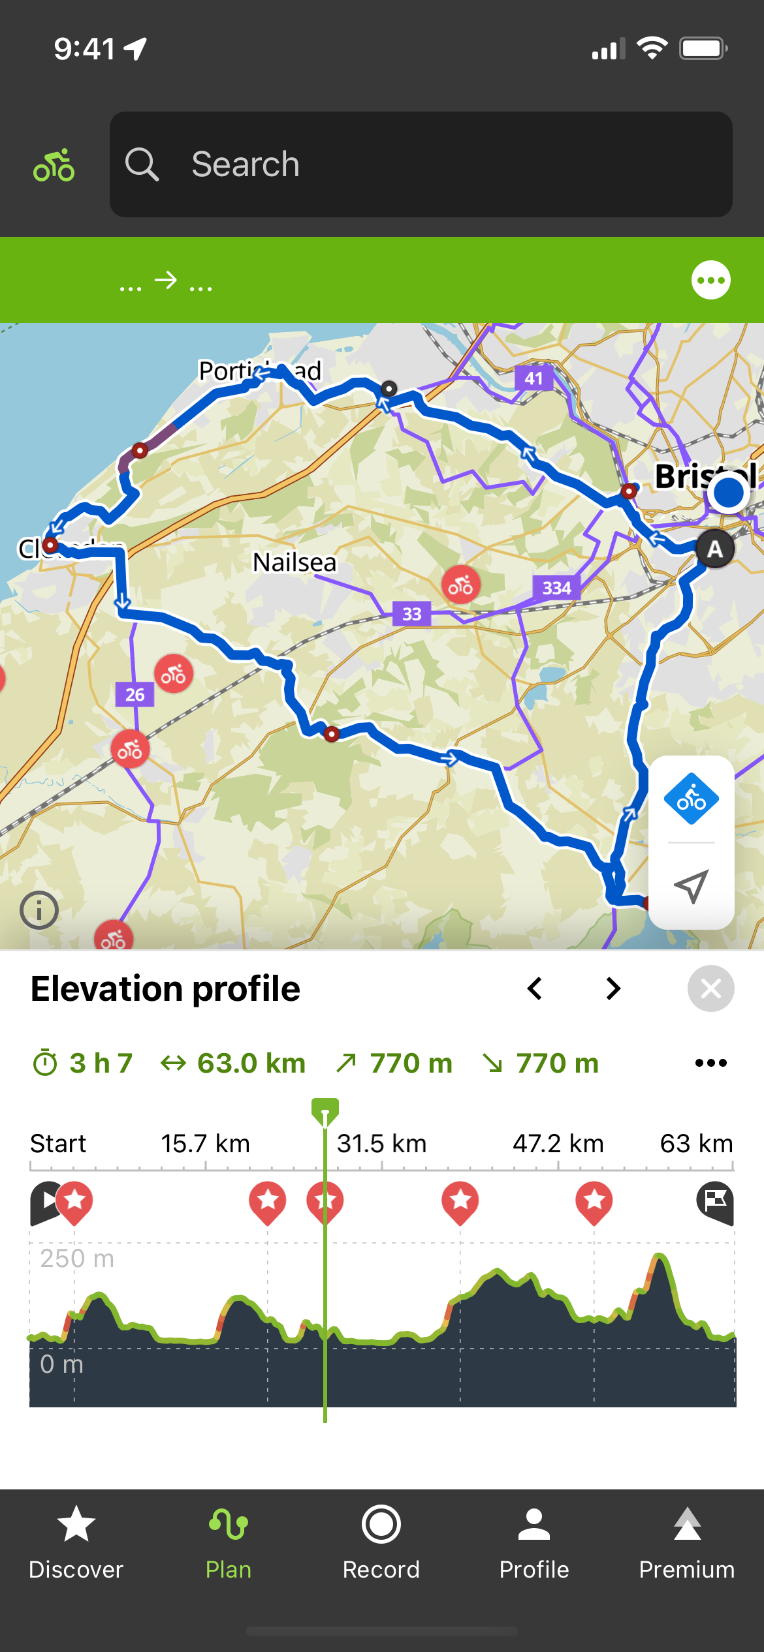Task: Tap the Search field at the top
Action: point(421,164)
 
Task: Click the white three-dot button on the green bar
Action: point(710,281)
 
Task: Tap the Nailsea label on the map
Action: point(294,562)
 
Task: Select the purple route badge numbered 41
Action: point(533,378)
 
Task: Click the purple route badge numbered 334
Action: point(556,588)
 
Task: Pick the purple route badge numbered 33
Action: point(411,614)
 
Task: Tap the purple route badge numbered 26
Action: point(135,695)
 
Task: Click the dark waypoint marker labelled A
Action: point(715,549)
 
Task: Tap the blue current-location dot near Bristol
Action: point(728,493)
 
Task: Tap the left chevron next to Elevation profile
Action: point(535,988)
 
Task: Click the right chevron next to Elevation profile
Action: point(613,988)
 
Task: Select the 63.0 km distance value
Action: point(251,1063)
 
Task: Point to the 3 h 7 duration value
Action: point(101,1063)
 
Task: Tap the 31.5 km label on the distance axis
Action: point(381,1144)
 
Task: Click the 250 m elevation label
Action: point(77,1259)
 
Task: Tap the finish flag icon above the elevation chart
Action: point(715,1202)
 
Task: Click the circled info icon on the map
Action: point(39,910)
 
